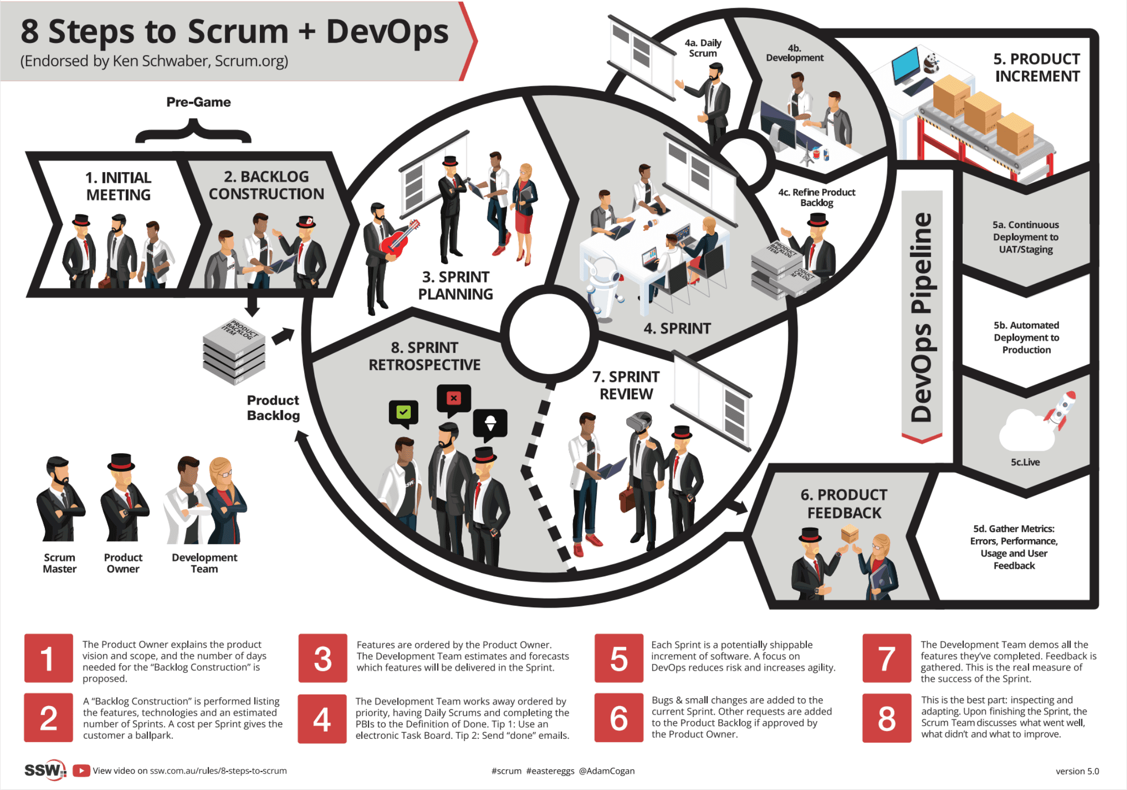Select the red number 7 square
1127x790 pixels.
pyautogui.click(x=886, y=658)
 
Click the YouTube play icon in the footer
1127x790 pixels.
pyautogui.click(x=81, y=770)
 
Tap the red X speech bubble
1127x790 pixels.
pyautogui.click(x=454, y=399)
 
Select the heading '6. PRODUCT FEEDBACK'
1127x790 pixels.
pyautogui.click(x=844, y=504)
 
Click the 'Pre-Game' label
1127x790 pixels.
pyautogui.click(x=198, y=102)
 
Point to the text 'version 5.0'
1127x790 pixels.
pyautogui.click(x=1077, y=771)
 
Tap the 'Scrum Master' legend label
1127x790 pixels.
pyautogui.click(x=59, y=563)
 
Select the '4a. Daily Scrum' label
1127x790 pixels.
pyautogui.click(x=703, y=48)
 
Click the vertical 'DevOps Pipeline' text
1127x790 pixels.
pyautogui.click(x=921, y=317)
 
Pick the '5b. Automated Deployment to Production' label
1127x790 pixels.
pyautogui.click(x=1026, y=337)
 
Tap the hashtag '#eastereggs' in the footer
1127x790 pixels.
pyautogui.click(x=550, y=771)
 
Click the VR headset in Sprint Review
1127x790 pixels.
pyautogui.click(x=639, y=421)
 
